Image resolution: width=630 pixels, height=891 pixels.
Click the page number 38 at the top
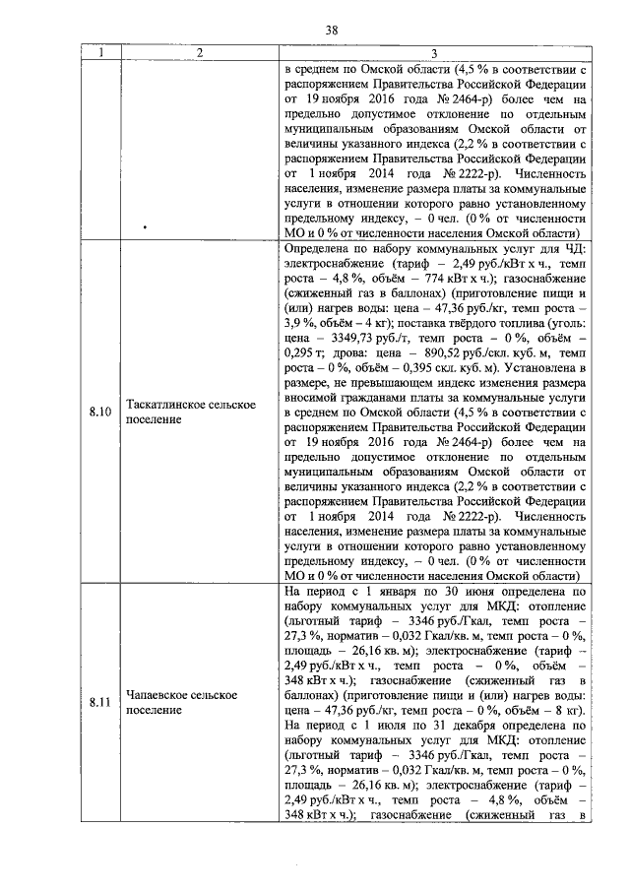[333, 31]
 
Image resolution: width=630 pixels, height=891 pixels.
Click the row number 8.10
[99, 413]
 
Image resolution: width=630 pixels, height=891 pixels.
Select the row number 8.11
[99, 703]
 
